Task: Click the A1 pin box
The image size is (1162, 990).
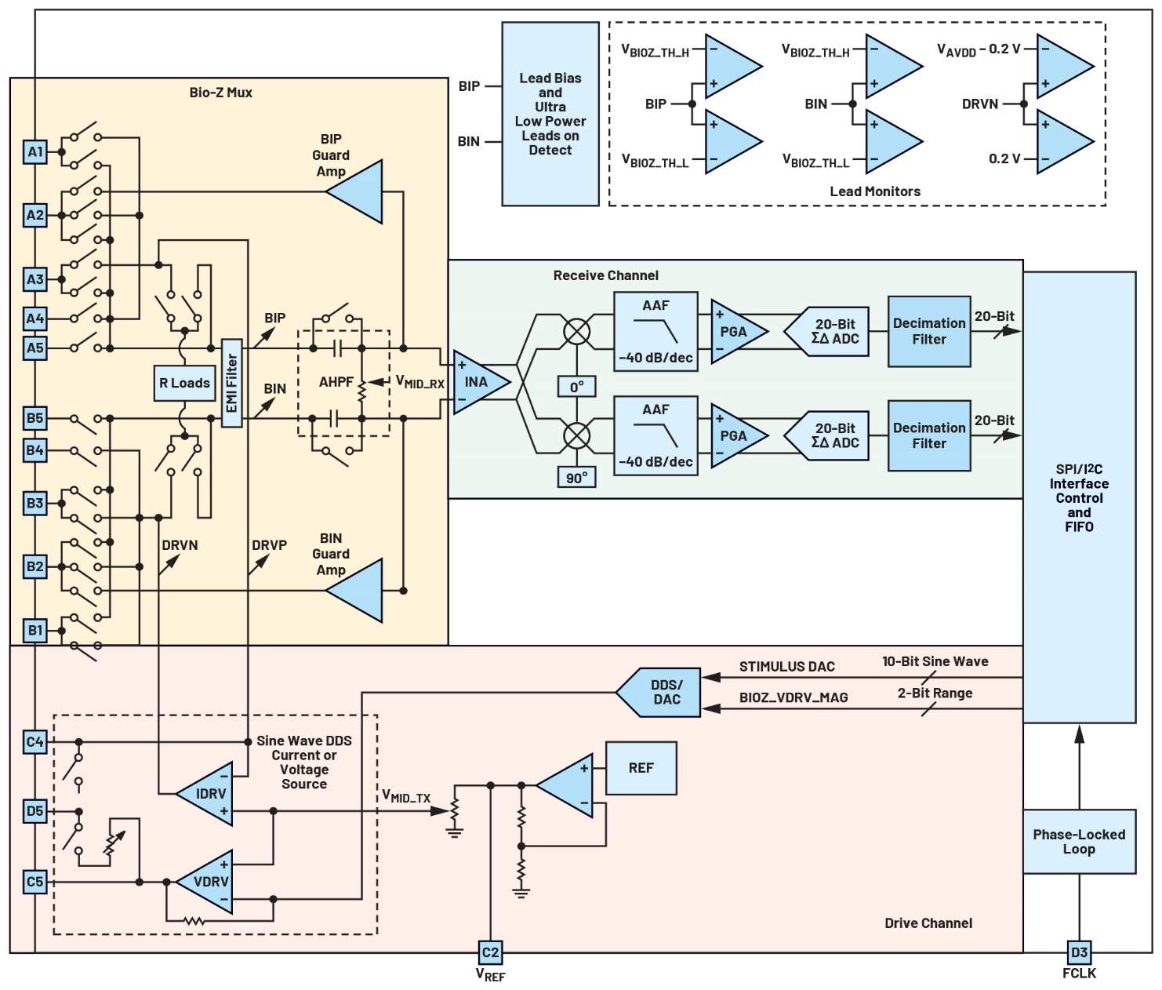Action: pos(34,152)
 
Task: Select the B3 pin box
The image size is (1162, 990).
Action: pos(34,503)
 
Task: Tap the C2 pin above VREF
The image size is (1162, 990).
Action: pos(490,952)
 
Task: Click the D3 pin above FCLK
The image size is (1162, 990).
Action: pos(1079,952)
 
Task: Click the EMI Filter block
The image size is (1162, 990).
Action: pos(231,383)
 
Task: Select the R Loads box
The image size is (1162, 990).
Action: pos(184,383)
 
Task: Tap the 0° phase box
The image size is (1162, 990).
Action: pos(577,387)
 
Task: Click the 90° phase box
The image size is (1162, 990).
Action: pos(577,478)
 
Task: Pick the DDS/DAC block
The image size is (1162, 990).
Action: pos(662,693)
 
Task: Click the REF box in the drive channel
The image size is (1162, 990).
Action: pos(641,769)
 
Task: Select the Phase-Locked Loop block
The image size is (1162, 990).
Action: pos(1079,842)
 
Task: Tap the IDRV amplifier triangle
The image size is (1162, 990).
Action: pos(208,794)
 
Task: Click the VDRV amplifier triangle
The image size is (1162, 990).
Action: pos(208,882)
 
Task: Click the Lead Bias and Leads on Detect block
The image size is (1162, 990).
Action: pos(550,114)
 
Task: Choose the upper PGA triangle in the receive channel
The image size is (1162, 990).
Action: pos(734,332)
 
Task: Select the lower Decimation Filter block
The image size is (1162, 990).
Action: pos(929,435)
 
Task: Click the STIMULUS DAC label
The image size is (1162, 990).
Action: pos(786,667)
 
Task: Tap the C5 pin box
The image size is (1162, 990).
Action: pos(34,882)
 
